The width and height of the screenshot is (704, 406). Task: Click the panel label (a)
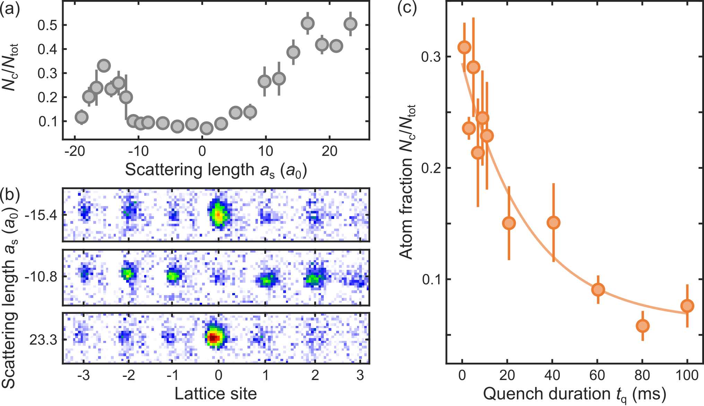[x=10, y=8]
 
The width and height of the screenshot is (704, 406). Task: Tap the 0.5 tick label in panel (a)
[x=47, y=25]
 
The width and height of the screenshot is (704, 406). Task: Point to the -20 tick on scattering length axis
[x=75, y=151]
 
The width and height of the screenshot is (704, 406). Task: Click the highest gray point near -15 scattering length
[x=104, y=65]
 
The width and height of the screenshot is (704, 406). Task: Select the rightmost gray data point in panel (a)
[x=350, y=24]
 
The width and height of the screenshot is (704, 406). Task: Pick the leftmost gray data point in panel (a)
[x=81, y=117]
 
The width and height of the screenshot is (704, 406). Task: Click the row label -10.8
[x=41, y=277]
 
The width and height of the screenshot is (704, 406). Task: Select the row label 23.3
[x=43, y=340]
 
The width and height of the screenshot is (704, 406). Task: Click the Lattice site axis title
[x=216, y=394]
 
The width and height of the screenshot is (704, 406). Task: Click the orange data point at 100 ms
[x=687, y=306]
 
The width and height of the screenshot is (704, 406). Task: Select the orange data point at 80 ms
[x=642, y=326]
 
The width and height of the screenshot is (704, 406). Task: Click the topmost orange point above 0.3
[x=464, y=47]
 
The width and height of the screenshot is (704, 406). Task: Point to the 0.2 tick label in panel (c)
[x=431, y=168]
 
